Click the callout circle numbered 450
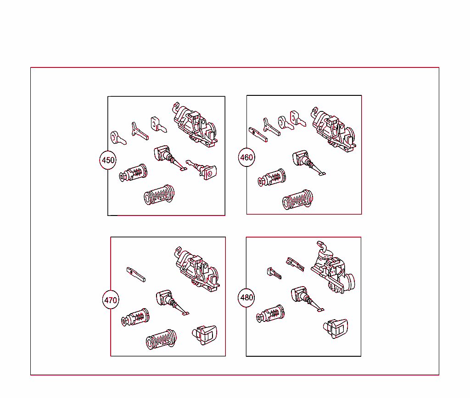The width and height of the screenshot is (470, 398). [108, 160]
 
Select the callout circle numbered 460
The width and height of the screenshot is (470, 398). [246, 158]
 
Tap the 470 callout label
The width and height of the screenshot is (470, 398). [111, 300]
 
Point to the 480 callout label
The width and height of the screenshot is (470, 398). [246, 298]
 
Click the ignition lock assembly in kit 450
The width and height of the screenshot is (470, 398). [195, 125]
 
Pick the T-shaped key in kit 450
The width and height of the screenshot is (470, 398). [140, 131]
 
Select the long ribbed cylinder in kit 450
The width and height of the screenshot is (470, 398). [159, 195]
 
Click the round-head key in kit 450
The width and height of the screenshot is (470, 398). [118, 138]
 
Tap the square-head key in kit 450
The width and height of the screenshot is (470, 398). [158, 125]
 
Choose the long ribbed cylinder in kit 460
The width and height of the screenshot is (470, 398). [297, 200]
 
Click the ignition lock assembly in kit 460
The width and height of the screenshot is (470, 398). [334, 130]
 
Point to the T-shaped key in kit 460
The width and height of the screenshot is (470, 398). [272, 127]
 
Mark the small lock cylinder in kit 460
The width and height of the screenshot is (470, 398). [272, 177]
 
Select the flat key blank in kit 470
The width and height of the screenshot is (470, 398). [136, 275]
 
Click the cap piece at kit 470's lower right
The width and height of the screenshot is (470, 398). [204, 335]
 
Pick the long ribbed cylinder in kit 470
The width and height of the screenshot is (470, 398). [161, 340]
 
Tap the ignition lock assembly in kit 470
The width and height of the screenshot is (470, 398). [197, 270]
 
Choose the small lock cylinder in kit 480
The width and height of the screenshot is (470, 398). [270, 314]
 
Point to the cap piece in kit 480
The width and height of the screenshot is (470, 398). [336, 328]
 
